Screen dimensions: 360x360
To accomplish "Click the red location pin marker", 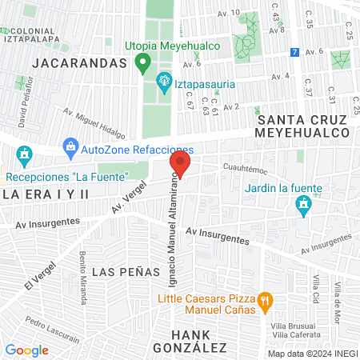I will point(179,166).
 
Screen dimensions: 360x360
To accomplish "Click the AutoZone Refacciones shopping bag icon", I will point(72,147).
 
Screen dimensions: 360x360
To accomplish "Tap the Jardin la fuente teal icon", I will point(303,207).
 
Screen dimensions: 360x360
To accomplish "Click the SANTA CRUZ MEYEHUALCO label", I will point(304,126).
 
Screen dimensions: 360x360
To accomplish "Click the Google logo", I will point(26,350).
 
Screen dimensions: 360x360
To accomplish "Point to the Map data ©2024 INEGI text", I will point(310,354).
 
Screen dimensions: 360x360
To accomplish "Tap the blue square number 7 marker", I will point(295,52).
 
